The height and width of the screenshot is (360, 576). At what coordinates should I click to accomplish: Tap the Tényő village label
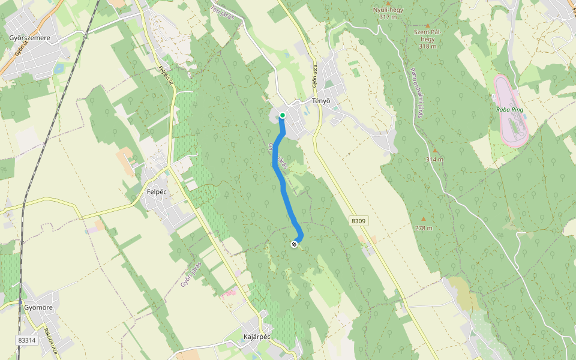coord(322,101)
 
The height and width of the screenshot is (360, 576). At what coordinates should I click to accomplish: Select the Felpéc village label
coord(156,192)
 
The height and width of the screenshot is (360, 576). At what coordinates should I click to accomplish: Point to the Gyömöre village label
coord(38,308)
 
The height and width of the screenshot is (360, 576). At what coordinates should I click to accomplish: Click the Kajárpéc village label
coord(257,336)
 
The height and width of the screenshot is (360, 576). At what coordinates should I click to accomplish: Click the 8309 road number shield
coord(358,221)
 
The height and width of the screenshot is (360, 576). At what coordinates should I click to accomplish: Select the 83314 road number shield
coord(27,340)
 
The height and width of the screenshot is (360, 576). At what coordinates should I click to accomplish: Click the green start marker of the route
coord(282,115)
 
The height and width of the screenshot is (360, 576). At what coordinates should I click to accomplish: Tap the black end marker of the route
coord(294,244)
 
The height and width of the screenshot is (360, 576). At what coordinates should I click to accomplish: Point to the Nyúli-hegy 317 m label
coord(388,13)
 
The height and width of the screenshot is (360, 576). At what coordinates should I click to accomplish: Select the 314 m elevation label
coord(434,159)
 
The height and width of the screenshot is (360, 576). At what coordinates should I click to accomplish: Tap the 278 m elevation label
coord(424,228)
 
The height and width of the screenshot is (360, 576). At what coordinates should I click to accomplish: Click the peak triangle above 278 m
coord(424,219)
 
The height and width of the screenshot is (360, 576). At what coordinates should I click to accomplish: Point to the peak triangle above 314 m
coord(434,151)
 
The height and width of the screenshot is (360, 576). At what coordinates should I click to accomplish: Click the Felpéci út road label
coord(165,75)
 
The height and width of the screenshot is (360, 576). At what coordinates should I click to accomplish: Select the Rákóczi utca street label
coord(50,339)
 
